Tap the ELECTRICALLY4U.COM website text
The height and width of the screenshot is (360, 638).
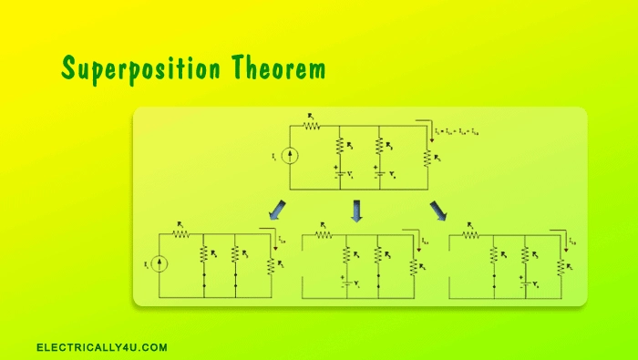pos(102,347)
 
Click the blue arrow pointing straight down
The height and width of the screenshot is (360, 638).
pos(356,211)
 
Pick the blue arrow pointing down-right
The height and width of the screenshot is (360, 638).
pos(438,211)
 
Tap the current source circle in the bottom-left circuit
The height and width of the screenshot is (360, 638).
pos(159,264)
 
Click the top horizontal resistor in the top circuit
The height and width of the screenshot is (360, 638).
pos(314,126)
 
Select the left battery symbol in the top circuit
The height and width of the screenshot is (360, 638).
pos(339,172)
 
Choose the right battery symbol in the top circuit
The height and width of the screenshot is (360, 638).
pos(378,172)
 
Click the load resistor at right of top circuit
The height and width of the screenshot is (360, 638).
pos(427,157)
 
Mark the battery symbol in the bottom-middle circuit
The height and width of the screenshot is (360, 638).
pos(346,283)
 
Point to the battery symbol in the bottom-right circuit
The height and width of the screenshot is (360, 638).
pos(526,283)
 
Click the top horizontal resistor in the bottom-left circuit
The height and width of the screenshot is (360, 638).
pos(180,234)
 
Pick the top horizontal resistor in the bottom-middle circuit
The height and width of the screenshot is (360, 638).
pos(324,234)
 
